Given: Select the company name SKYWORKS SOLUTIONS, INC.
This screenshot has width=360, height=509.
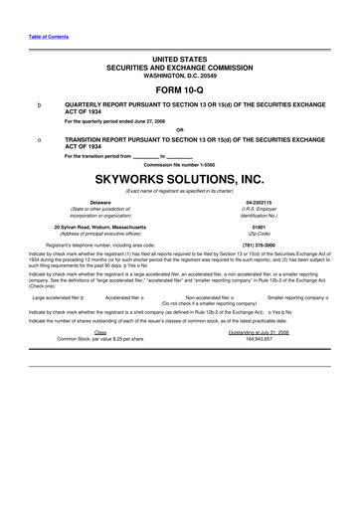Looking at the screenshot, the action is (179, 179).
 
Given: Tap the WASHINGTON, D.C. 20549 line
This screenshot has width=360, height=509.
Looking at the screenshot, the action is (179, 74).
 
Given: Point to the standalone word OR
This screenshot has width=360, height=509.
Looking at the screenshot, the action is (179, 129).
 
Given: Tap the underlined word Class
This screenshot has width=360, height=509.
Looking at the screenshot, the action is (99, 332).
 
